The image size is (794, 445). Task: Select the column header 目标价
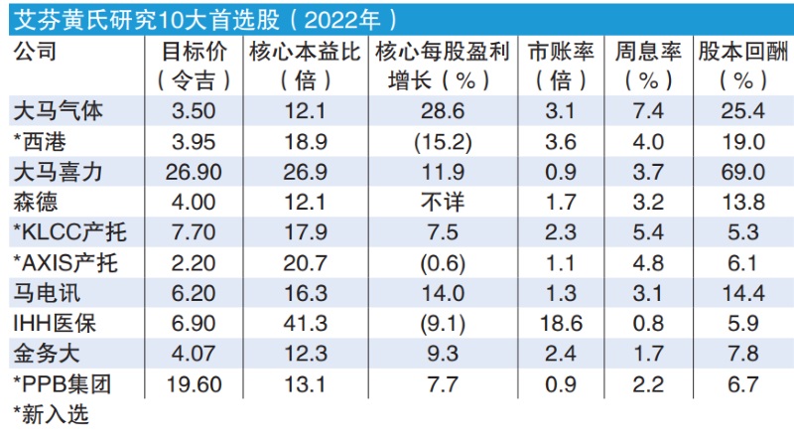[x=194, y=51]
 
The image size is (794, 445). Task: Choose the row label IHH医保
[x=56, y=323]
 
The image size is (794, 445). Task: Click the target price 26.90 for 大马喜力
[x=195, y=170]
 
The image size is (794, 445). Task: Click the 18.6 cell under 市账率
[x=563, y=323]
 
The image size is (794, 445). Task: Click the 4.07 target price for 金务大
[x=195, y=354]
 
